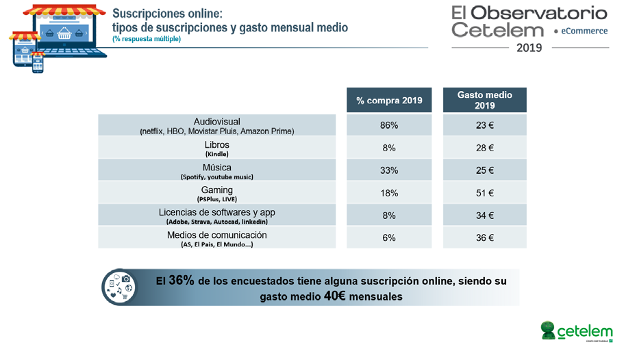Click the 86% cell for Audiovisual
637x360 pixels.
tap(389, 125)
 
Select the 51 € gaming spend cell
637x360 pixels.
tap(485, 193)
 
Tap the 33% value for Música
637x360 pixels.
tap(389, 170)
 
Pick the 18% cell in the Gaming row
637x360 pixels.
tap(389, 193)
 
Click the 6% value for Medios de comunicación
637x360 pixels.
tap(389, 238)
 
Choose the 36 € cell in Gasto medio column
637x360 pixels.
tap(485, 238)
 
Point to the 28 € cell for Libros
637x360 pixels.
tap(485, 148)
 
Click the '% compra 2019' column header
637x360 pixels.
tap(389, 101)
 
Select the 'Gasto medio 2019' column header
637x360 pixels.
tap(485, 100)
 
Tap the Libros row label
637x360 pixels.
tap(217, 145)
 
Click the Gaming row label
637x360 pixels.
tap(217, 190)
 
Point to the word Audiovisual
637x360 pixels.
tap(217, 122)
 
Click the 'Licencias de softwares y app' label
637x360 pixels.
tap(217, 213)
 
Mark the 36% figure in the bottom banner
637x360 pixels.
tap(182, 281)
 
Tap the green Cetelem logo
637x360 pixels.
tap(576, 331)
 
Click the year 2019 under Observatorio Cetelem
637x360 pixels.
tap(529, 48)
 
